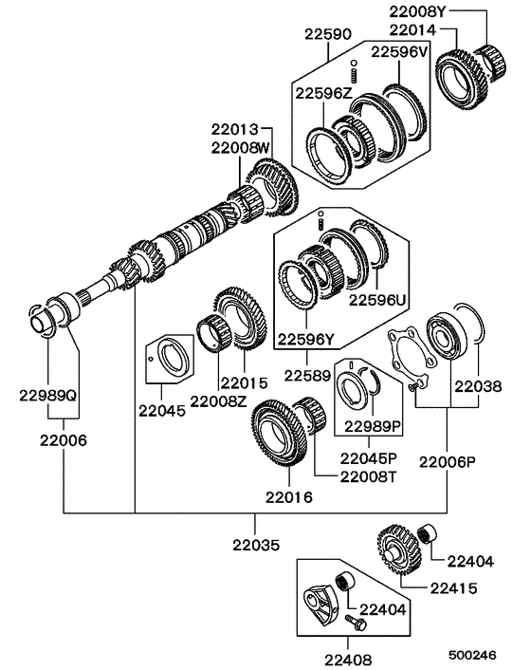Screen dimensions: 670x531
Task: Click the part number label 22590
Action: [x=328, y=33]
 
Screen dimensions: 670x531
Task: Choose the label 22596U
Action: [x=376, y=299]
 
